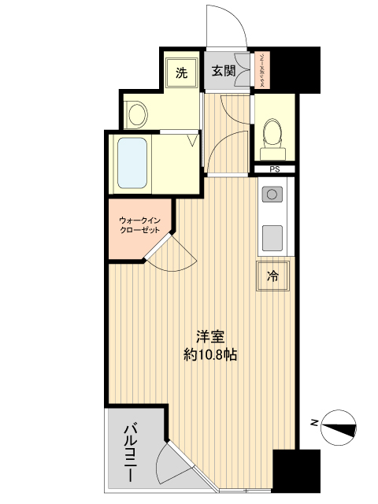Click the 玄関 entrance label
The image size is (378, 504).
click(223, 72)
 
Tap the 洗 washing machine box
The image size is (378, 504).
click(182, 73)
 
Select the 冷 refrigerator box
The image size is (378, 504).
click(272, 276)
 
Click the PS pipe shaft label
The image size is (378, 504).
click(275, 169)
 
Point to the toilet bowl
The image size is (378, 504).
click(273, 134)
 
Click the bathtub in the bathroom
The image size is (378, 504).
click(132, 163)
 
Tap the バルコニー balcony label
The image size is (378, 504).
click(129, 453)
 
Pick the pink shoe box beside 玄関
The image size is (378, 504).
click(261, 72)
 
